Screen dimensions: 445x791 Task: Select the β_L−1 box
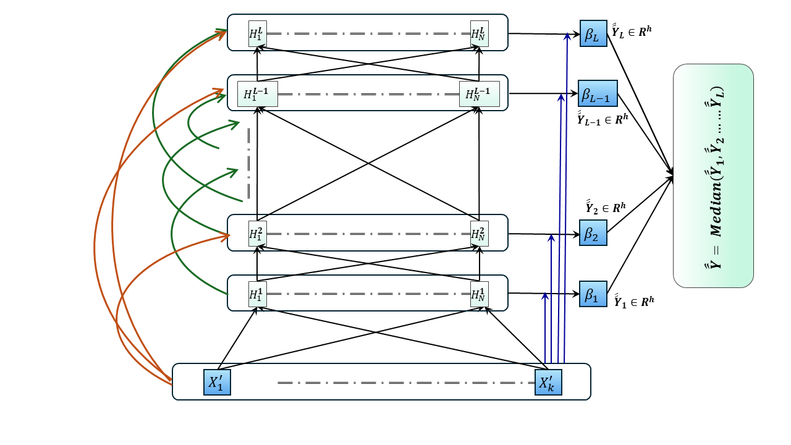pyautogui.click(x=598, y=93)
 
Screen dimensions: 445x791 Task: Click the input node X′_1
pyautogui.click(x=217, y=382)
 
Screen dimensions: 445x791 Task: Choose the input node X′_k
pyautogui.click(x=548, y=382)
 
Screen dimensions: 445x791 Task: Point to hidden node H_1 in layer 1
pyautogui.click(x=258, y=293)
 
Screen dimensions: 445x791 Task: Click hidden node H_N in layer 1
pyautogui.click(x=480, y=293)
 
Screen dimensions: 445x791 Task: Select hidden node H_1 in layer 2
pyautogui.click(x=258, y=233)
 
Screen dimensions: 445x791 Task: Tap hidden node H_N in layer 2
pyautogui.click(x=480, y=233)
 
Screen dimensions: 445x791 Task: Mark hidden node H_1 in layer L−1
pyautogui.click(x=258, y=94)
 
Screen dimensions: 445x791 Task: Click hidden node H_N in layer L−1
pyautogui.click(x=480, y=94)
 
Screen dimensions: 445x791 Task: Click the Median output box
pyautogui.click(x=713, y=176)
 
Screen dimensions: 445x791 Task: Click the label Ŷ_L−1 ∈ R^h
pyautogui.click(x=602, y=118)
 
